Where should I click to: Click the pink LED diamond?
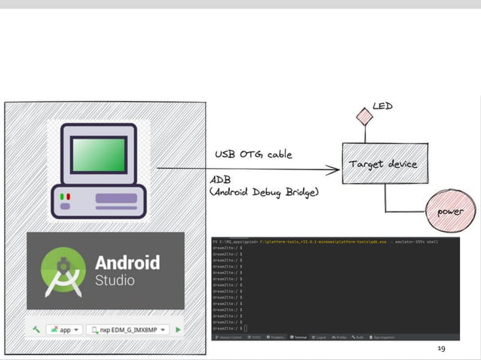[365, 117]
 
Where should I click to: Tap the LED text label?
[382, 107]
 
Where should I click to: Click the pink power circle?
[450, 211]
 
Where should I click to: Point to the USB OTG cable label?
[253, 155]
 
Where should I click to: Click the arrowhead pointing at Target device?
[334, 169]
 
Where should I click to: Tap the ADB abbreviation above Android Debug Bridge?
[221, 181]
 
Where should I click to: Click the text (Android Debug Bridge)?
[264, 193]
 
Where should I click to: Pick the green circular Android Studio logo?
[63, 270]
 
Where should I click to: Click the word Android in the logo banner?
[127, 262]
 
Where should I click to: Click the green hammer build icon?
[35, 329]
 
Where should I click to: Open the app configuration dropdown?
[64, 329]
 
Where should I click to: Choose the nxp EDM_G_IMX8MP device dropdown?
[127, 329]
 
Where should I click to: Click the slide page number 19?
[442, 349]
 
